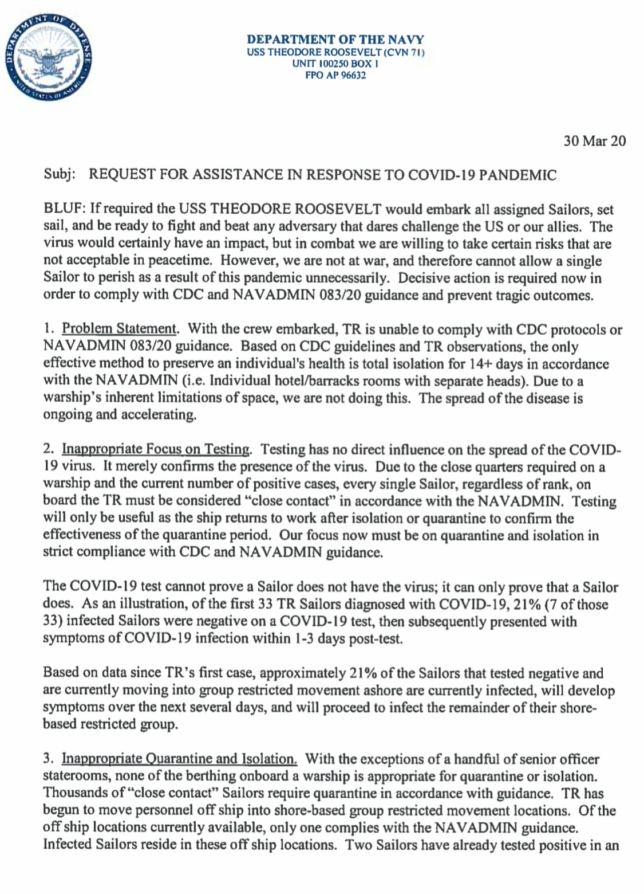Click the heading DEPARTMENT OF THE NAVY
[335, 40]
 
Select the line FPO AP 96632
[335, 74]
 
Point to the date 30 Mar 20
[595, 141]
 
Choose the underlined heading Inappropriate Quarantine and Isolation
[179, 759]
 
